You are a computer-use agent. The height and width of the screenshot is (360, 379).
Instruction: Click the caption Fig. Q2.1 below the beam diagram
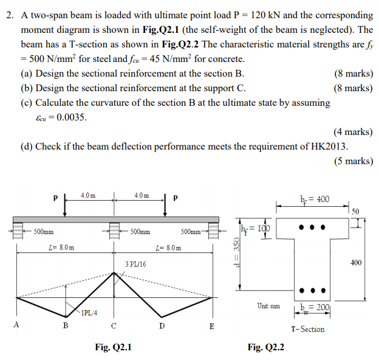pyautogui.click(x=114, y=347)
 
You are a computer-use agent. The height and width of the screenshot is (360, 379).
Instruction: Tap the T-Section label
pyautogui.click(x=308, y=329)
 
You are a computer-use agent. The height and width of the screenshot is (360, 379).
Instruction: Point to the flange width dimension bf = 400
pyautogui.click(x=315, y=199)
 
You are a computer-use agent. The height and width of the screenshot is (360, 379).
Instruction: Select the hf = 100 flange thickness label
pyautogui.click(x=256, y=229)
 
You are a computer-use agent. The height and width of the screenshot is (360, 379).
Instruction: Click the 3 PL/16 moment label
pyautogui.click(x=135, y=265)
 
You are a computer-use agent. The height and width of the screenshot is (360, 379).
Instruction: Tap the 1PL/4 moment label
pyautogui.click(x=90, y=313)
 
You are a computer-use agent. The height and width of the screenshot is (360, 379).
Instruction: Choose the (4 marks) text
pyautogui.click(x=353, y=131)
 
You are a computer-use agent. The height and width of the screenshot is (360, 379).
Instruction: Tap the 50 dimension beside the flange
pyautogui.click(x=356, y=211)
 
